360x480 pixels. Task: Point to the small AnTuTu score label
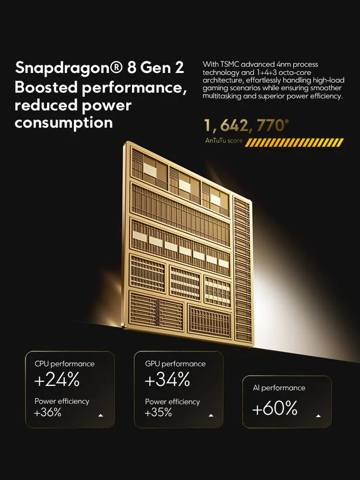coord(224,141)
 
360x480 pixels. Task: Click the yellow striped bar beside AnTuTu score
coord(294,142)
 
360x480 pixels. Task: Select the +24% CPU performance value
coord(57,380)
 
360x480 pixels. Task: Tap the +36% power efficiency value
coord(48,412)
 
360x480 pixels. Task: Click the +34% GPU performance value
coord(168,380)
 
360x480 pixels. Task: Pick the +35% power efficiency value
coord(158,412)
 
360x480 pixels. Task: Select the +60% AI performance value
coord(275,408)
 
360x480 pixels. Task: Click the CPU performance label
coord(65,364)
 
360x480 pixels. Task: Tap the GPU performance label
coord(175,364)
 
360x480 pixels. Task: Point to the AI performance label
coord(279,388)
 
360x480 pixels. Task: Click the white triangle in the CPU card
coord(101,416)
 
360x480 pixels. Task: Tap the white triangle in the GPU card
coord(212,416)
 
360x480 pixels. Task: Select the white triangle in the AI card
coord(318,416)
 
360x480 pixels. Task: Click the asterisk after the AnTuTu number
coord(287,121)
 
